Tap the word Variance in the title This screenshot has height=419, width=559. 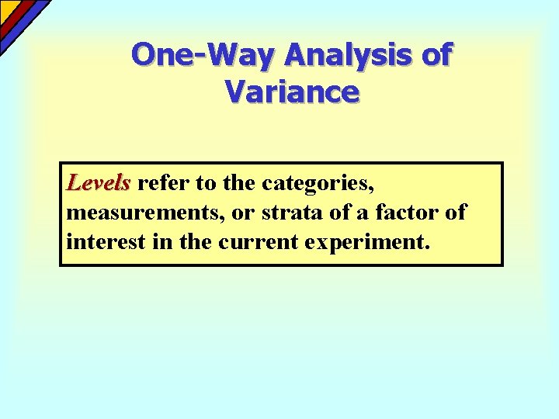[292, 92]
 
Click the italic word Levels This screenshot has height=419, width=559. [98, 183]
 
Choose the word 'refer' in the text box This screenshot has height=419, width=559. [160, 183]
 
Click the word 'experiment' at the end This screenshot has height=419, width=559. [364, 242]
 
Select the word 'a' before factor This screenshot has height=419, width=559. [357, 213]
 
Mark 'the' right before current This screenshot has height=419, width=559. [194, 241]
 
